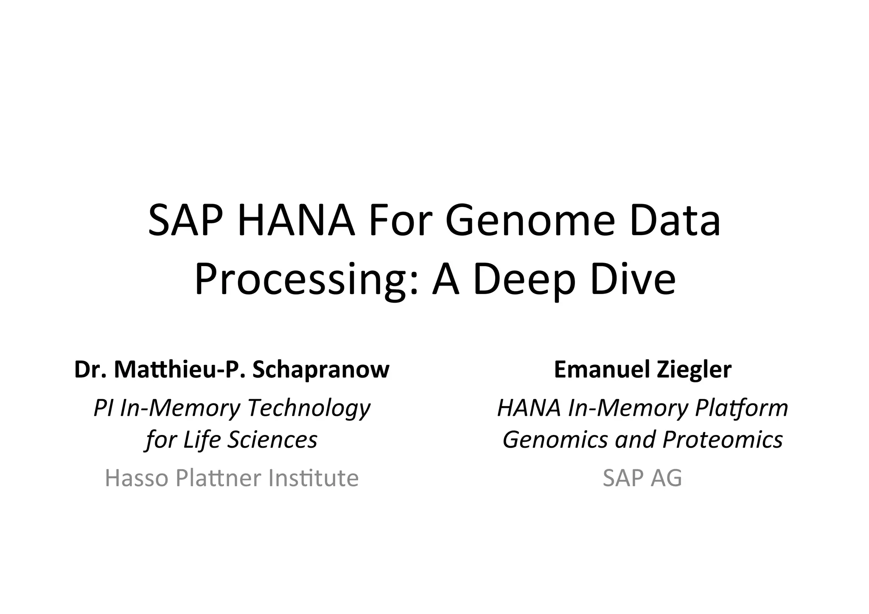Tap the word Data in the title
tap(675, 221)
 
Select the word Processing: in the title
tap(307, 280)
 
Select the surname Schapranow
tap(321, 370)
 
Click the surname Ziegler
tap(694, 370)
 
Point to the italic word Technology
tap(309, 408)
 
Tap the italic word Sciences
tap(272, 440)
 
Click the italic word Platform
tap(741, 408)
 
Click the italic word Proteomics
tap(722, 440)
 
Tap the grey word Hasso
tap(137, 478)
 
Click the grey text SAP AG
tap(642, 478)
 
